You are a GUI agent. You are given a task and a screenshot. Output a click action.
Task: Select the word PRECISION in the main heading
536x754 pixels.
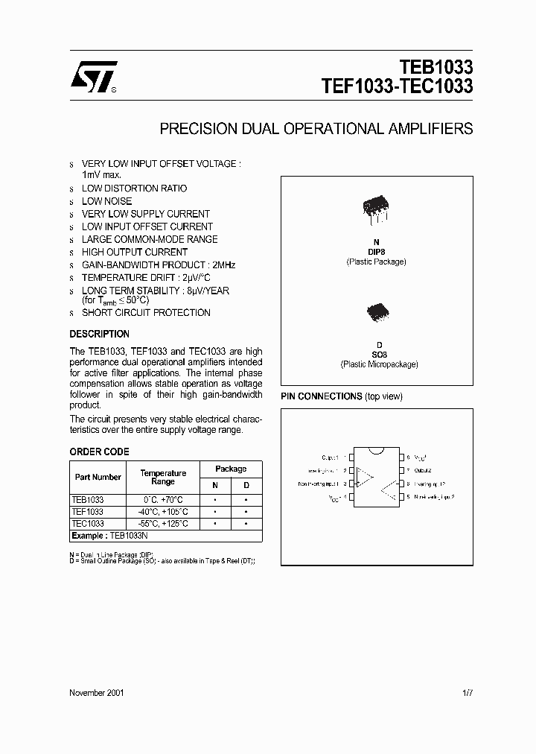pos(196,129)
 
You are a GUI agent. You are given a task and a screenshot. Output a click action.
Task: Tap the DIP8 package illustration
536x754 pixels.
pos(375,208)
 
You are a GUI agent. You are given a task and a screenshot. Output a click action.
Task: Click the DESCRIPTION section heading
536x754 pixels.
pos(99,334)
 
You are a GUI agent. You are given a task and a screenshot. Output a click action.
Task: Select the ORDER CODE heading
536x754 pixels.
pos(99,452)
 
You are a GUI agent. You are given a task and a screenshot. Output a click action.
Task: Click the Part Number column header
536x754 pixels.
pos(98,477)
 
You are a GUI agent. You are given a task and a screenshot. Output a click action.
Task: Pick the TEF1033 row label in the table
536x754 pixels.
pos(87,512)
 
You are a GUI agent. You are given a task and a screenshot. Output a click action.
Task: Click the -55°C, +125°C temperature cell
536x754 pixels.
pos(163,524)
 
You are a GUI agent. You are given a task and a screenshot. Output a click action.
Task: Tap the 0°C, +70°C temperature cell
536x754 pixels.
pos(163,500)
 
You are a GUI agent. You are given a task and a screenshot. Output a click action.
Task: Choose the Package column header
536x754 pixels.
pos(231,469)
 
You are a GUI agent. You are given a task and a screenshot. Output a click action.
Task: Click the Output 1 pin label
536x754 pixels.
pos(329,457)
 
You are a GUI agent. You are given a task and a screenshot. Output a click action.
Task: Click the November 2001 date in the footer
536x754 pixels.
pos(97,692)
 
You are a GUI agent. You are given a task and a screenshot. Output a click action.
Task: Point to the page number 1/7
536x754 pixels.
pos(467,692)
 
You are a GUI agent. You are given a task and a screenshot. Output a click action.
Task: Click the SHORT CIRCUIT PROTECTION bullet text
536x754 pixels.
pos(146,313)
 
